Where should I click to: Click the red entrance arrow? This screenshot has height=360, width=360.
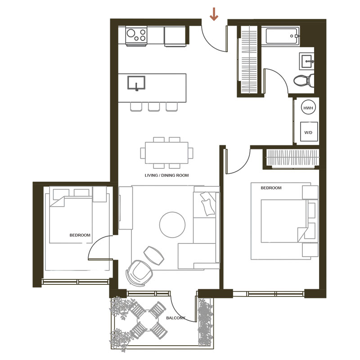point(214,14)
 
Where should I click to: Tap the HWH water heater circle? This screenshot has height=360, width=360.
point(308,108)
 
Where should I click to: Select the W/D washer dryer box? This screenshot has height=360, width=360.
point(309,131)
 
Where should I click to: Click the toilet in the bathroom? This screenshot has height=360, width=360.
point(303,81)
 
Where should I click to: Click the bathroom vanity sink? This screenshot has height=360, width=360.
point(306,61)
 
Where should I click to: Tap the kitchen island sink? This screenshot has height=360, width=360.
point(136,83)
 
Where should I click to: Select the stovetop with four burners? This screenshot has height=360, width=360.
point(136,36)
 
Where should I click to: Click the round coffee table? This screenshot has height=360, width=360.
point(172,225)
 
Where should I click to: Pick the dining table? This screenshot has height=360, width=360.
point(166,153)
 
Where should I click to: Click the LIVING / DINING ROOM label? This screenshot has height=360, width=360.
point(166,175)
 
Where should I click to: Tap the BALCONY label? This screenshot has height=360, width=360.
point(175,318)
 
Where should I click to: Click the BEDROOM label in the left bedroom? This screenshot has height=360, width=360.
point(80,235)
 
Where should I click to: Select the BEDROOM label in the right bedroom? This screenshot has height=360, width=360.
point(271,188)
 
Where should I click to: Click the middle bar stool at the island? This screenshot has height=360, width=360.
point(154,107)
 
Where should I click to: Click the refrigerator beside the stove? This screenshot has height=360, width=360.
point(175,36)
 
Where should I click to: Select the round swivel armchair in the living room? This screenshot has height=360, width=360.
point(139,273)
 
